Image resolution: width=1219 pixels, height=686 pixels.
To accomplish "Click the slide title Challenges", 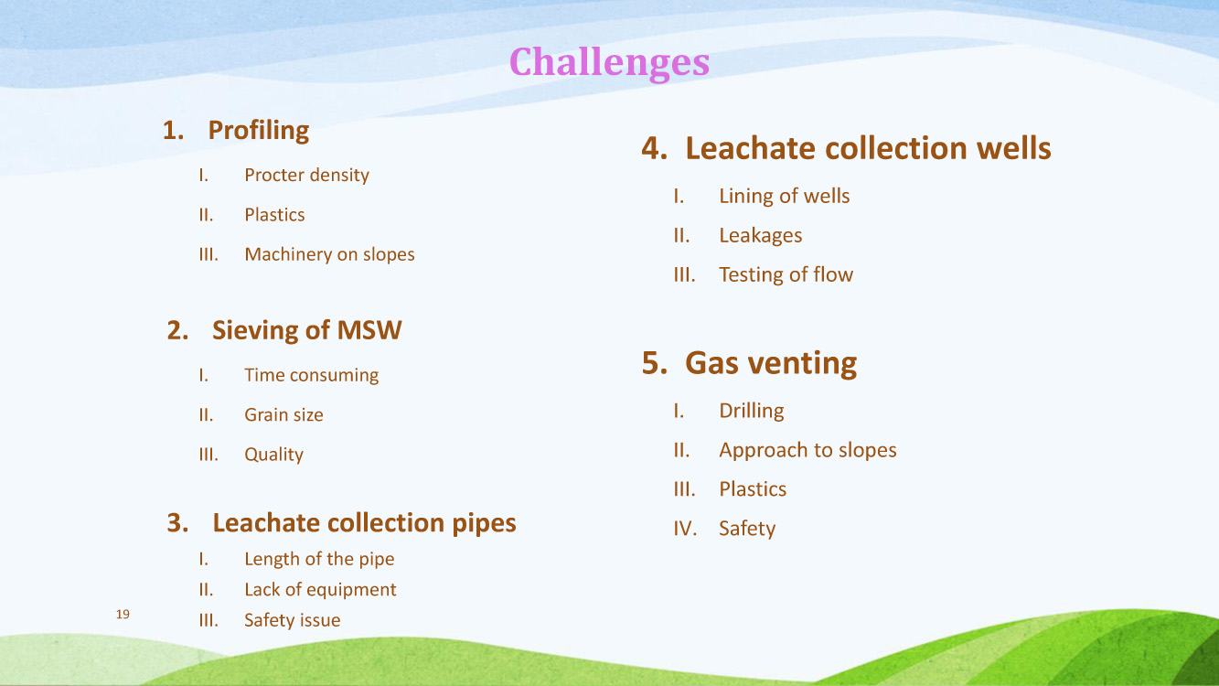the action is [x=609, y=62].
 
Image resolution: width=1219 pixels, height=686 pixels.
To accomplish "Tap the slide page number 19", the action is [x=123, y=614].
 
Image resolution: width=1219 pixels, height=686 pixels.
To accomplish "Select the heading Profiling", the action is [x=259, y=131].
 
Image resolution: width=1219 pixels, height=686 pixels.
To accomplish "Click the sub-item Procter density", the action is [x=306, y=175].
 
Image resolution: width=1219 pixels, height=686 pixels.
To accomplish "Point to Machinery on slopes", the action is [x=329, y=254].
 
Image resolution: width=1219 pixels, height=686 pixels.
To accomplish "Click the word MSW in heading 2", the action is [x=369, y=330].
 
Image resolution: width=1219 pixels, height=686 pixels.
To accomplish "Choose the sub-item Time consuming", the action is [x=311, y=375].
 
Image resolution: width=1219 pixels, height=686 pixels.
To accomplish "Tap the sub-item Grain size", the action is [x=283, y=415].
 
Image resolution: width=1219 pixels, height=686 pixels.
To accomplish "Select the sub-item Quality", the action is [x=273, y=455].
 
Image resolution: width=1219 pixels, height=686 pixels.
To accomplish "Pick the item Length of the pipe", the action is [x=319, y=559].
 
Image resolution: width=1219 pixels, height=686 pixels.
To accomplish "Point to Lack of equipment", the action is [x=320, y=590].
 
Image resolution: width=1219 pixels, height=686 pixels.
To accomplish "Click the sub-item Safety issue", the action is [x=293, y=620].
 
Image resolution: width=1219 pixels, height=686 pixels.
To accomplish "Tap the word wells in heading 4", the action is [x=1014, y=148].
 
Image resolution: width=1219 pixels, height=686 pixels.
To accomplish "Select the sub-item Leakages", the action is [x=760, y=236].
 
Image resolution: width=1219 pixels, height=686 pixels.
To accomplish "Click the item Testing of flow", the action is [x=786, y=275].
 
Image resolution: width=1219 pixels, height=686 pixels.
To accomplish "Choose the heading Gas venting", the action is [x=771, y=363].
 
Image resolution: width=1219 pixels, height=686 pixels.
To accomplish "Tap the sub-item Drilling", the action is [x=752, y=411].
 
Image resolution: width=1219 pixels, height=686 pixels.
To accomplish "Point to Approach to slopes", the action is [x=807, y=450].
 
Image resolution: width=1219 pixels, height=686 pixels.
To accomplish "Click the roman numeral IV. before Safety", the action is [x=685, y=529].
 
